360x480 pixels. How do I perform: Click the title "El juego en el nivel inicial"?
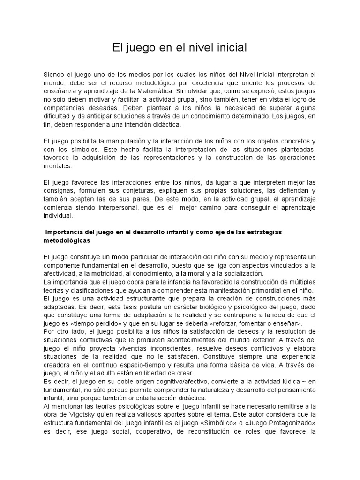(180, 48)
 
